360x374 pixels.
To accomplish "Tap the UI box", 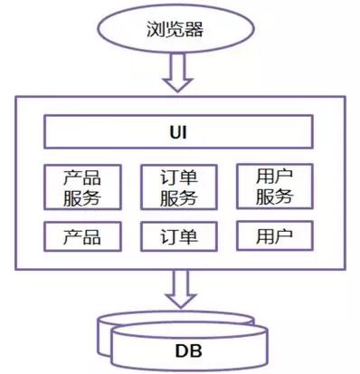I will pyautogui.click(x=180, y=132).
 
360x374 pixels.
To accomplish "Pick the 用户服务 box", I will pyautogui.click(x=275, y=186).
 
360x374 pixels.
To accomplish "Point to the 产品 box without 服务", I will pyautogui.click(x=82, y=237).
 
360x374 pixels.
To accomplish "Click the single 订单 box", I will pyautogui.click(x=180, y=237).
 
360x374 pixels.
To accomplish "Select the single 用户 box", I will pyautogui.click(x=275, y=236).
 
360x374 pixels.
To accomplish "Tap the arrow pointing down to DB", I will pyautogui.click(x=180, y=289).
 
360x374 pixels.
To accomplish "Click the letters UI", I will pyautogui.click(x=180, y=132).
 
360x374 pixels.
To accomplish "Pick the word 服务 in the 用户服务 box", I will pyautogui.click(x=275, y=196).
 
